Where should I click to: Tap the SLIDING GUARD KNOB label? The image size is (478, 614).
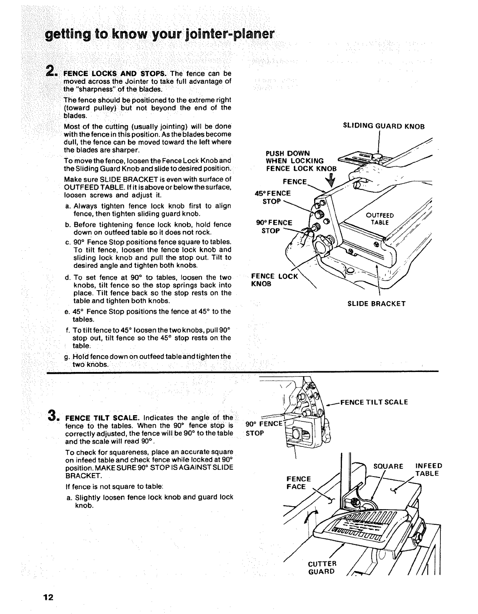point(383,126)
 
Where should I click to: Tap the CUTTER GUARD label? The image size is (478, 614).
point(322,567)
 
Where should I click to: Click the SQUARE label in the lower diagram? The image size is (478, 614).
point(388,466)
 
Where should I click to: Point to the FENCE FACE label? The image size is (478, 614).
point(298,483)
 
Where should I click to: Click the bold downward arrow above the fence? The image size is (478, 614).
point(332,180)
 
